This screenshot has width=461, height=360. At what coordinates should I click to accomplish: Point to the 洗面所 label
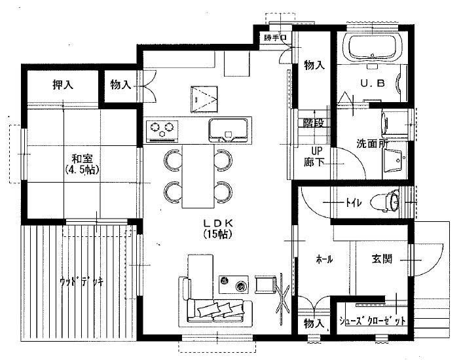[373, 143]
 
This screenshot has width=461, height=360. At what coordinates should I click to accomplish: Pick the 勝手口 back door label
[275, 38]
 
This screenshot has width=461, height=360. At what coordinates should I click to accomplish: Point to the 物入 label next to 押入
[121, 84]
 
